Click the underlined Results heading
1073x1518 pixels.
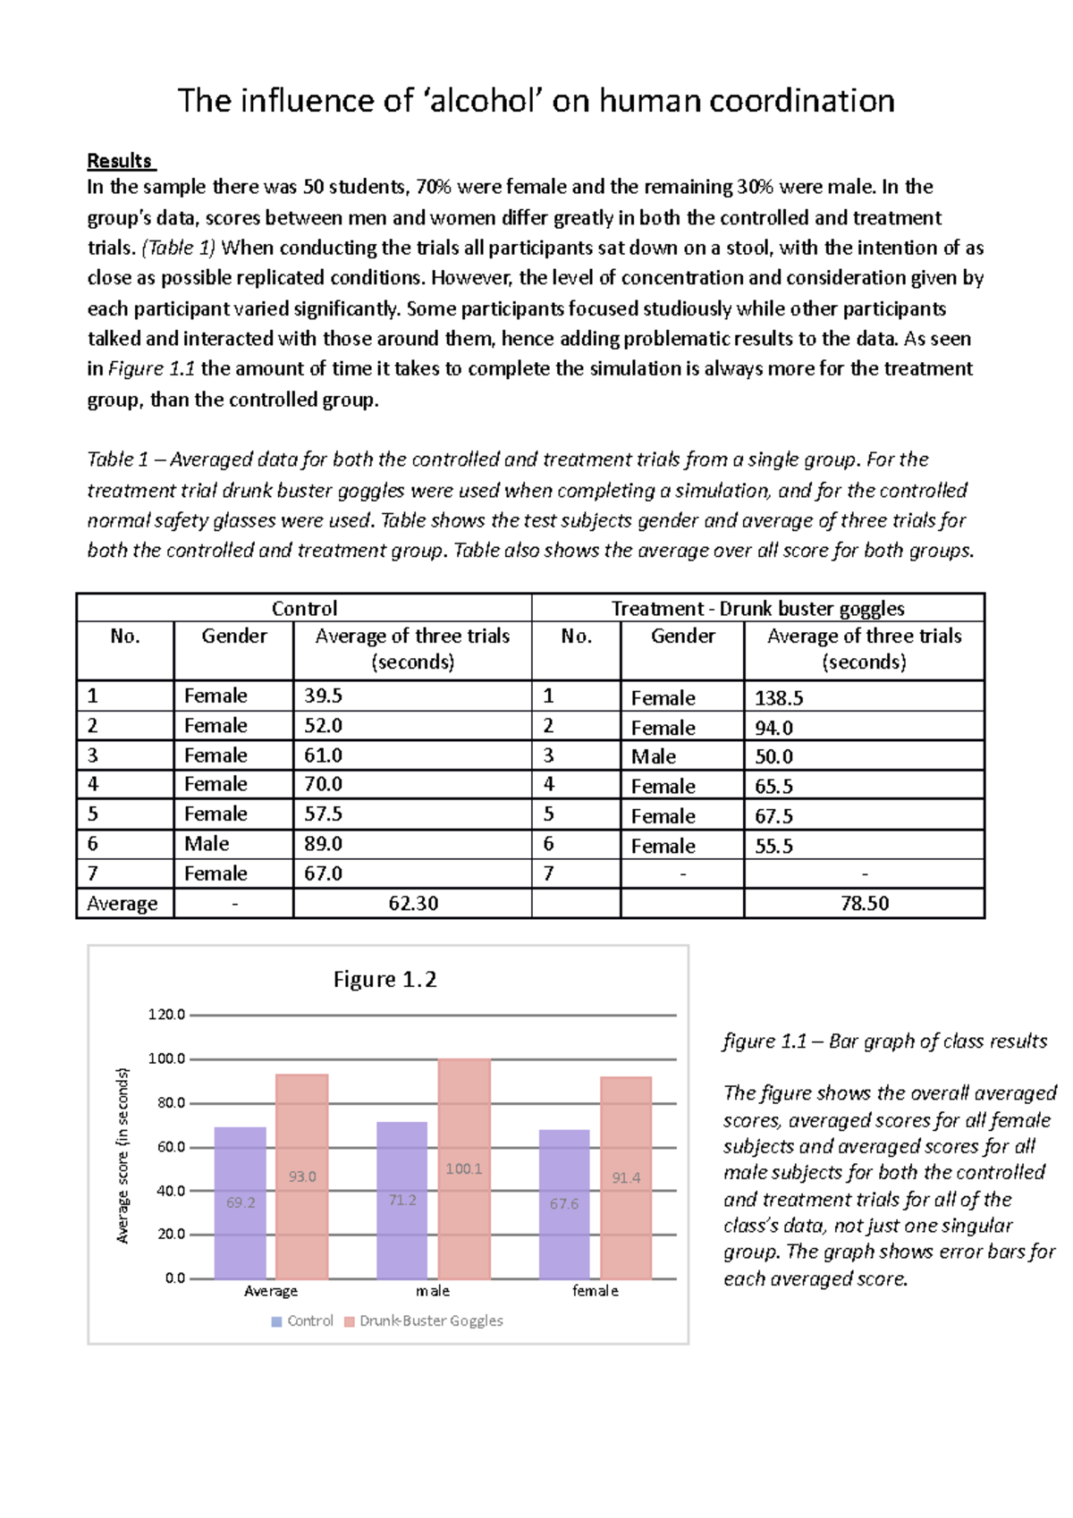coord(121,161)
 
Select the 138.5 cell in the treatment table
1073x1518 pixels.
coord(779,698)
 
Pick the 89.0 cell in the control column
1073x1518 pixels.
coord(324,844)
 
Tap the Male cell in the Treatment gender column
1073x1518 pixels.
coord(654,757)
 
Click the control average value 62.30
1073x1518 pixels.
coord(413,904)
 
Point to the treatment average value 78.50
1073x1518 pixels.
coord(864,904)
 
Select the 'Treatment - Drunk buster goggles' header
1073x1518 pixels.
coord(757,609)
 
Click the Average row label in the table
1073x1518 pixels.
coord(123,904)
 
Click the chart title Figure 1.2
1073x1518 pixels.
coord(384,980)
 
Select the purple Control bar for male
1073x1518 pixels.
coord(402,1200)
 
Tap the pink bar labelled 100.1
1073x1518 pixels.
coord(464,1168)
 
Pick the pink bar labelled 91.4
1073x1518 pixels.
coord(626,1177)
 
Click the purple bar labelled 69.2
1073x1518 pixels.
coord(241,1202)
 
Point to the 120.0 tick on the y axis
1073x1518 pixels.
coord(167,1015)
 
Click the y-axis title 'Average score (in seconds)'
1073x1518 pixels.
coord(123,1155)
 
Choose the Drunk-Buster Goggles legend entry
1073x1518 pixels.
coord(430,1321)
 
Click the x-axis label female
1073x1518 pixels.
coord(596,1291)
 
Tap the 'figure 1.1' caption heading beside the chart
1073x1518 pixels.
coord(764,1042)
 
